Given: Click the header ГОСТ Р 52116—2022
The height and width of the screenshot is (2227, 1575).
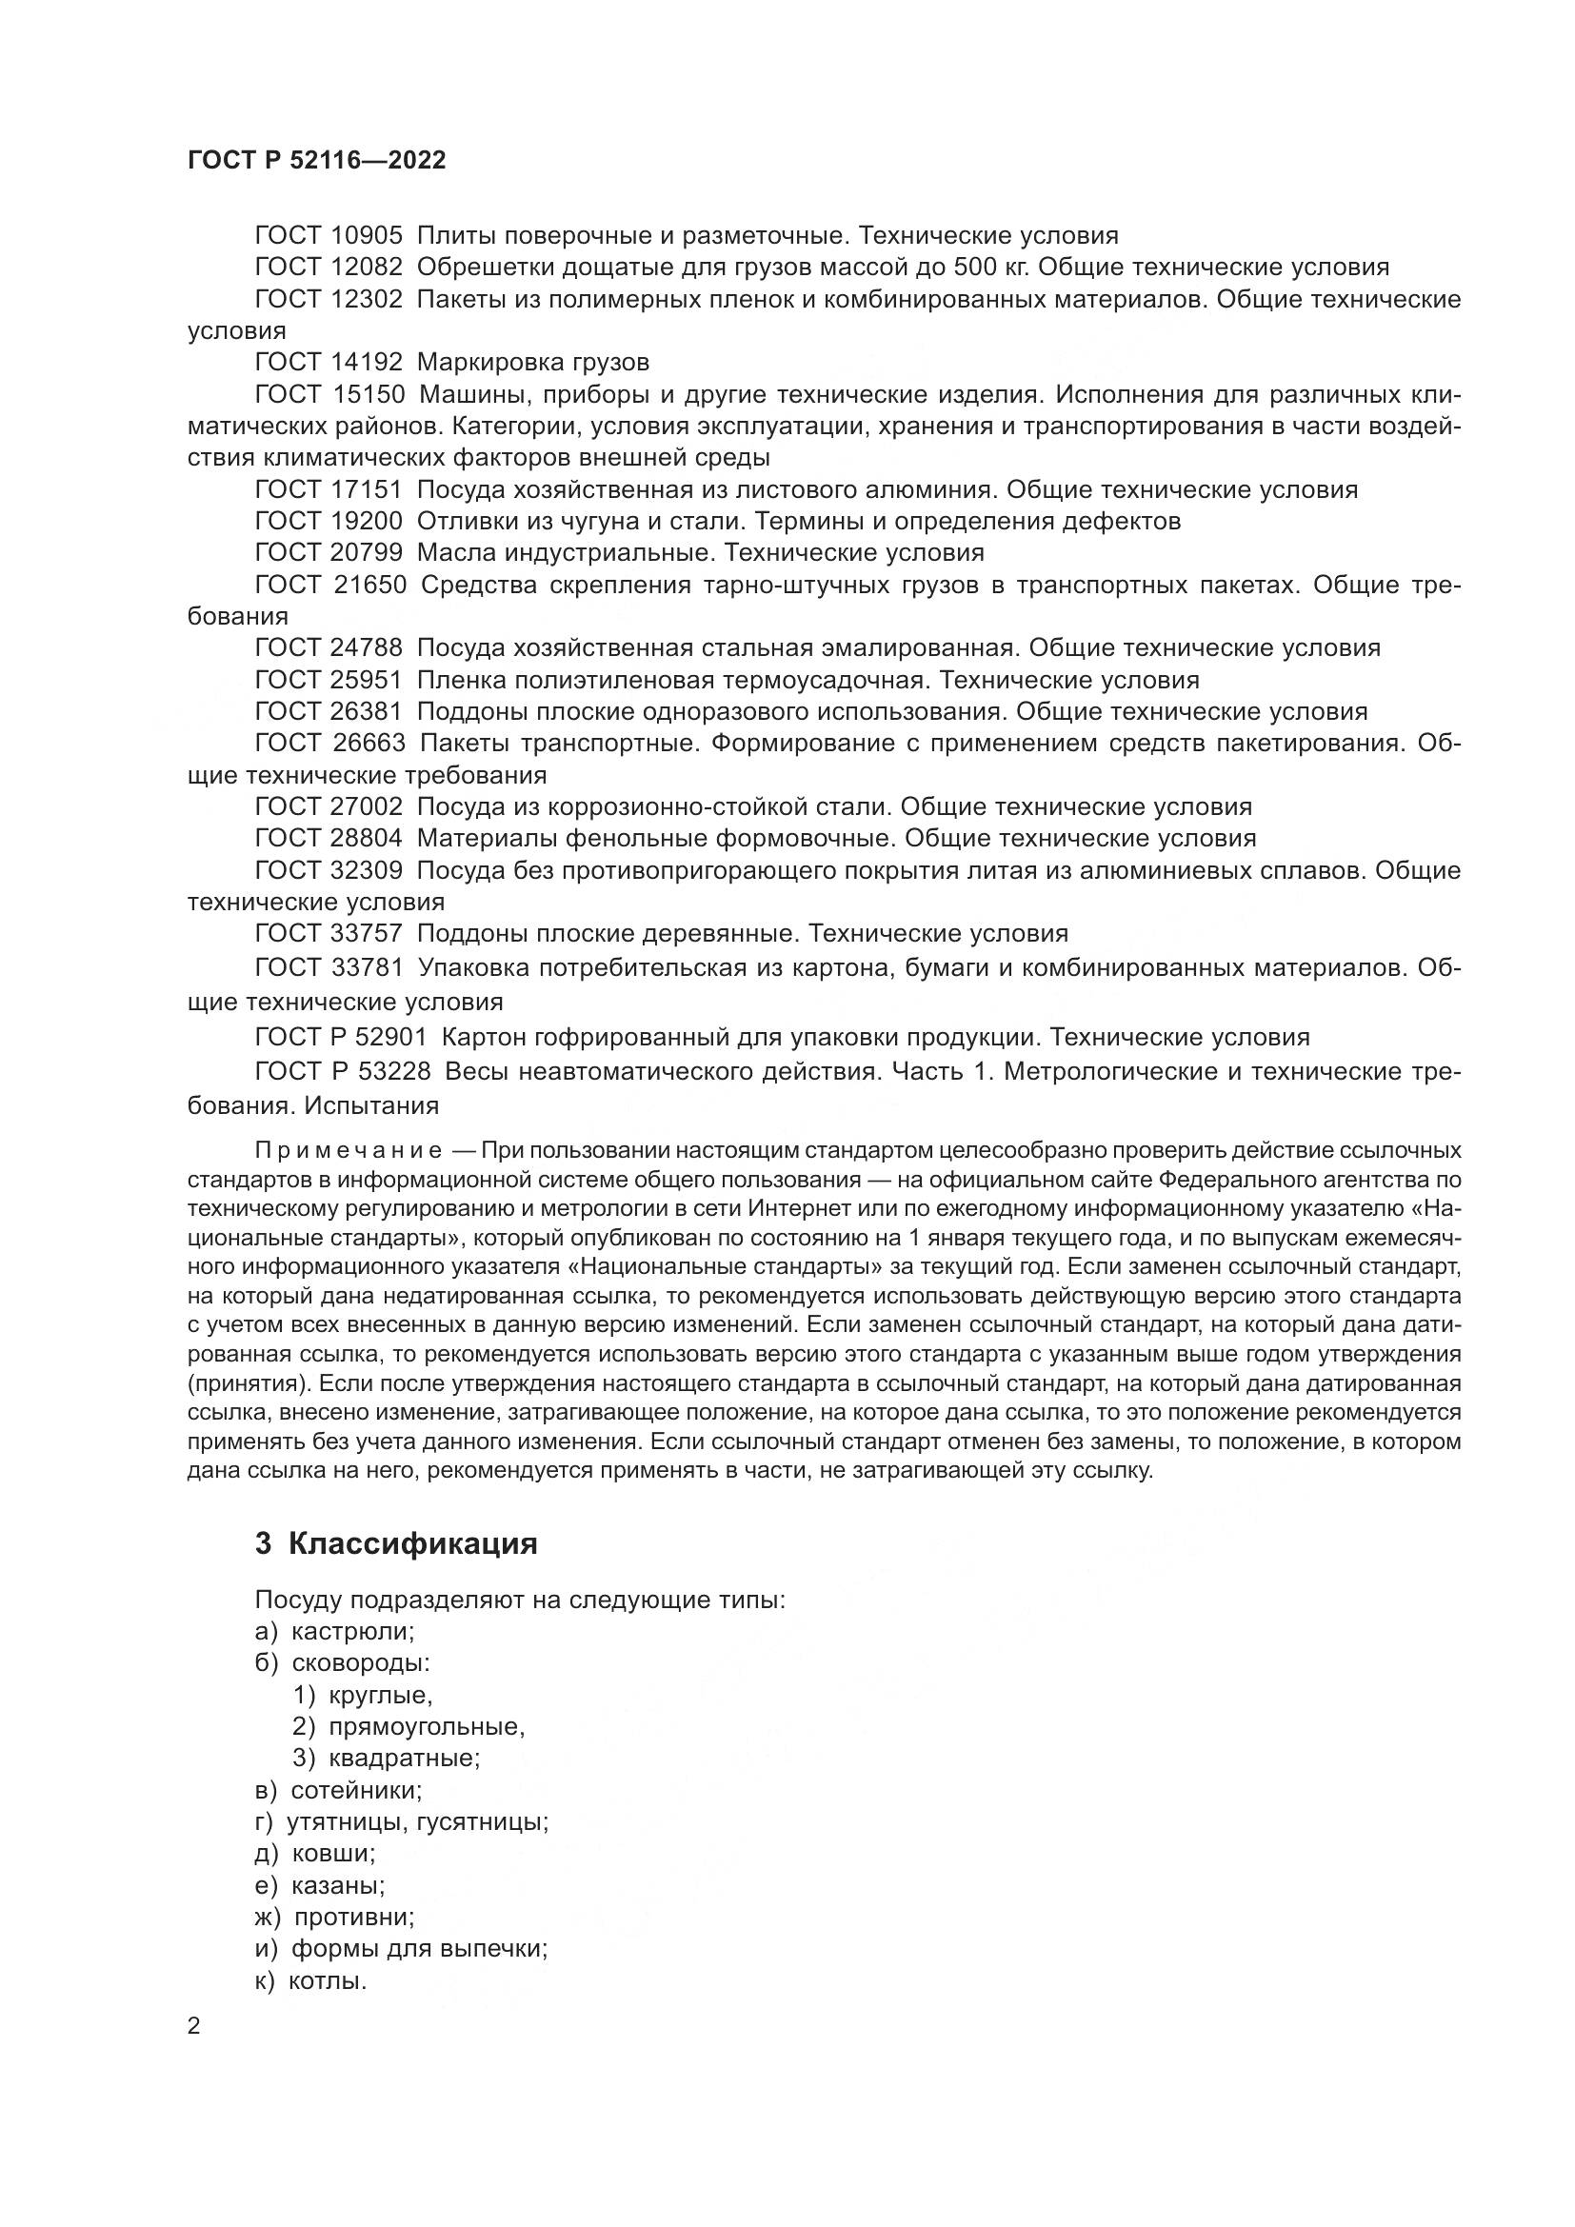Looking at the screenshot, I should point(316,161).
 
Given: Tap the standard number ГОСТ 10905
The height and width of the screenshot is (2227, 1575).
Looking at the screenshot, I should point(328,236).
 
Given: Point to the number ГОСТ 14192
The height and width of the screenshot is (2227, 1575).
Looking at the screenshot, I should point(328,363).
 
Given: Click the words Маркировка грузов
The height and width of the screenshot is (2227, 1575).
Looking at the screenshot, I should point(532,363).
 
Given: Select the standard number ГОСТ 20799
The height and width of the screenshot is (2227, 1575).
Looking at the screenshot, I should point(328,553).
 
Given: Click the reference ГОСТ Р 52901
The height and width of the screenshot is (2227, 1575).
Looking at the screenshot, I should point(340,1038).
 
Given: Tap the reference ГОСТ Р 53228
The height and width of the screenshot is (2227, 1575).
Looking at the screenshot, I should point(340,1072).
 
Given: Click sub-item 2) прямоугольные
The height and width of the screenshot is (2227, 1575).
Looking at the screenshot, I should point(409,1726).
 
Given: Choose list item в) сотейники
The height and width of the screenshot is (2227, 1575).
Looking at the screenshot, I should point(338,1791).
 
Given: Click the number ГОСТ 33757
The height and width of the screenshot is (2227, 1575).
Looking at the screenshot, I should point(328,934).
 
